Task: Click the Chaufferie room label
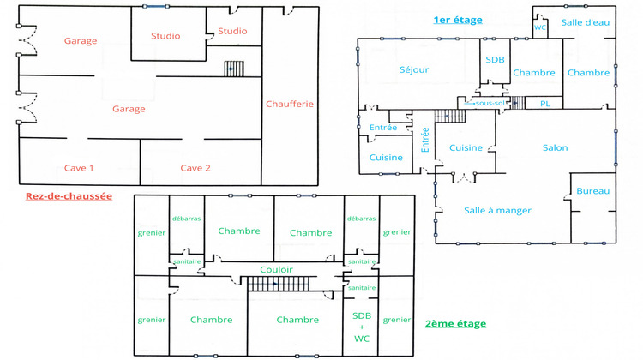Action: point(290,105)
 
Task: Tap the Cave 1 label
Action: point(79,168)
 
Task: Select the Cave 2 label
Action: point(195,168)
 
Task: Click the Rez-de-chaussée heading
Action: point(69,196)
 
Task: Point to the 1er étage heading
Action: point(458,20)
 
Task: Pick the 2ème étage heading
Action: point(455,324)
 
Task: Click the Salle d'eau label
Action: point(586,22)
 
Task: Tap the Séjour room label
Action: point(414,69)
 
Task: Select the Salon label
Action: point(555,148)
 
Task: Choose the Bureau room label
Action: point(592,190)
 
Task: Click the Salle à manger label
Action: point(498,210)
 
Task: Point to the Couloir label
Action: point(276,269)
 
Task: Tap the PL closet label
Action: point(544,103)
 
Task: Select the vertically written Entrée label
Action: point(424,140)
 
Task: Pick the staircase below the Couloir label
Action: point(274,283)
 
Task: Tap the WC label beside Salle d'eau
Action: point(540,27)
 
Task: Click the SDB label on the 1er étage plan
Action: point(495,59)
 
